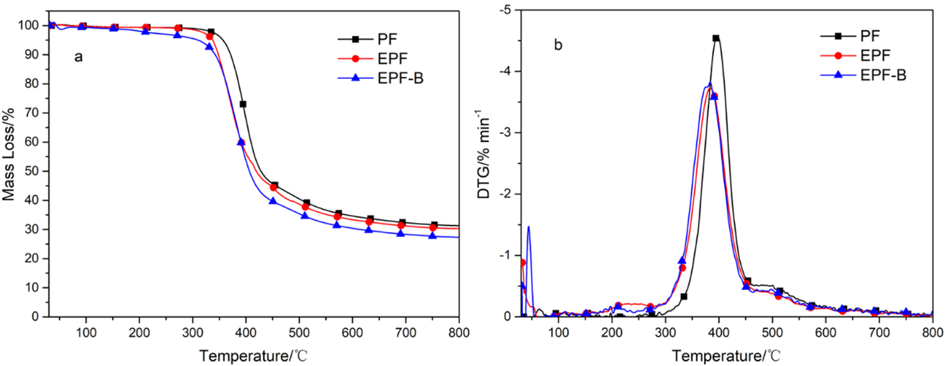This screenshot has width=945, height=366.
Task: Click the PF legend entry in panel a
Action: (387, 40)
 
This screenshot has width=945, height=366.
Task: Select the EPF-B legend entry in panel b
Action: (883, 75)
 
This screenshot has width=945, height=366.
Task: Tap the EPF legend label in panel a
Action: (392, 59)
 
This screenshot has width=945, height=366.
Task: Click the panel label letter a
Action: (79, 57)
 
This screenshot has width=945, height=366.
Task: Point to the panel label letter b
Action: (558, 45)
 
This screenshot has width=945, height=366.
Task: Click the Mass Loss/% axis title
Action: (8, 155)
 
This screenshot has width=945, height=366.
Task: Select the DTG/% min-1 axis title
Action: (483, 154)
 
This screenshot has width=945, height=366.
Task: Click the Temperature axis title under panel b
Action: (725, 356)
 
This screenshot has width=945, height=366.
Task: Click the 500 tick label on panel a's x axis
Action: (299, 333)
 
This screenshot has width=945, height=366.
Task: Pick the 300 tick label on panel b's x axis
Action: (665, 333)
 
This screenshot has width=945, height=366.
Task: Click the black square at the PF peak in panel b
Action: (716, 38)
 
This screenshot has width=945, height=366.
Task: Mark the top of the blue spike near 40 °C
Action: (529, 227)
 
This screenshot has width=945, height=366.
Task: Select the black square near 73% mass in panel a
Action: (243, 104)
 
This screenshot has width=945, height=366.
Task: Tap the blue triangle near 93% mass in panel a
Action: (209, 46)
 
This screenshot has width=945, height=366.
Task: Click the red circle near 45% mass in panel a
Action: (274, 188)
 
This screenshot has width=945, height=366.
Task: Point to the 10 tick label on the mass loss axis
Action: (31, 288)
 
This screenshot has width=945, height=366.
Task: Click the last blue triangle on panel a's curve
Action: (432, 235)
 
